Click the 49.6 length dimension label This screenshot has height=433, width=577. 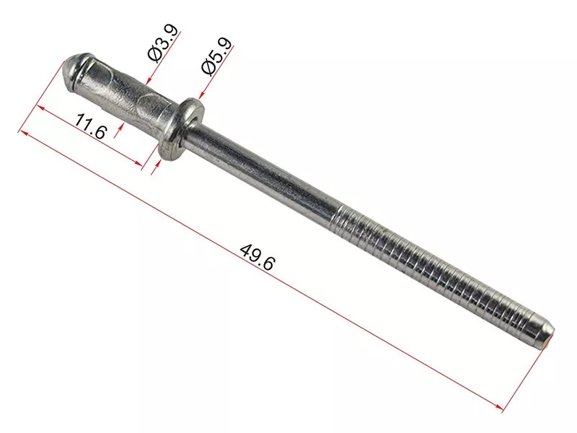point(257,258)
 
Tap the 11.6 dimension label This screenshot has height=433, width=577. point(91,126)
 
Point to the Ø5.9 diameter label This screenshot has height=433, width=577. point(217,56)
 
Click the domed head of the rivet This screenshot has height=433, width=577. point(76,69)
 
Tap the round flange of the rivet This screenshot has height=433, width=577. point(182,128)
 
